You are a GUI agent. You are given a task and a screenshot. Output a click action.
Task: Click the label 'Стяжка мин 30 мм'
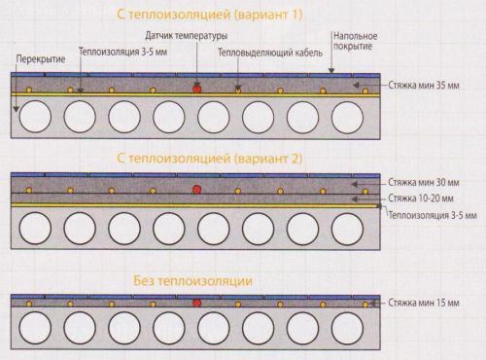tap(434, 182)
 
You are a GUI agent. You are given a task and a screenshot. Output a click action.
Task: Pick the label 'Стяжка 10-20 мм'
tap(431, 198)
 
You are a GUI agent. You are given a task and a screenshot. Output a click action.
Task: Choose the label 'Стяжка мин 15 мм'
tap(434, 304)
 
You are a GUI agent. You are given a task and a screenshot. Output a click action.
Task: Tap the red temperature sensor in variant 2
tap(197, 187)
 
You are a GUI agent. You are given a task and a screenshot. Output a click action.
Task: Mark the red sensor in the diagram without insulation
tap(197, 304)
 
